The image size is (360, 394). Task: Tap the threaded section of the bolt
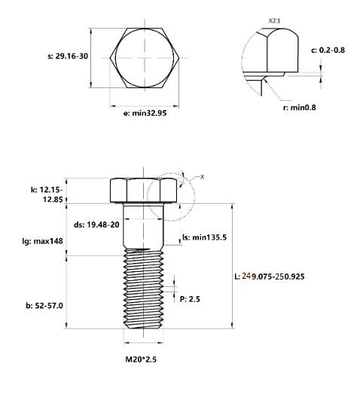coord(143,290)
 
